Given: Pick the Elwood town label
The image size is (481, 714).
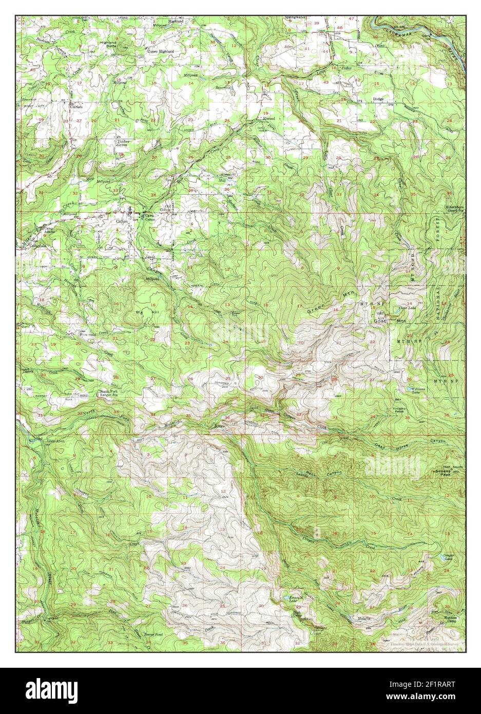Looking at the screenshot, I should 269,118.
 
